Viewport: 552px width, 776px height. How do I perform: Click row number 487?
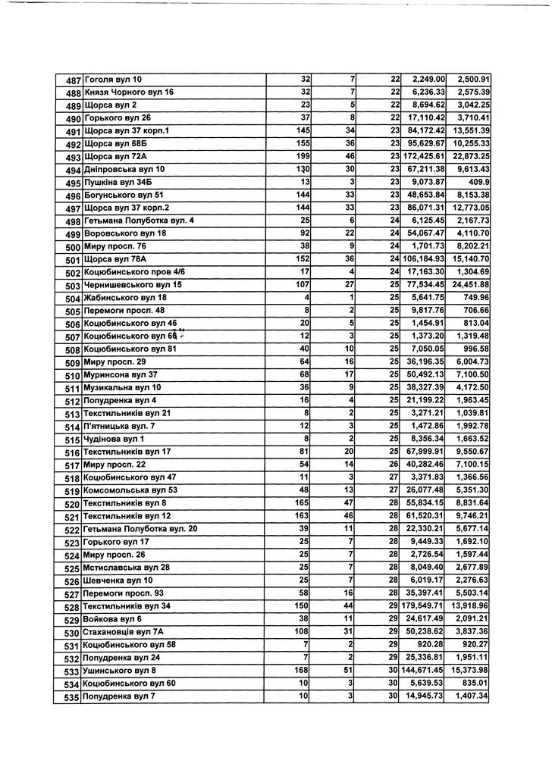74,80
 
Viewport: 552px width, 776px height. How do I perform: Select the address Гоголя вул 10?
114,80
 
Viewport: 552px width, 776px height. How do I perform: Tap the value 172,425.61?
424,156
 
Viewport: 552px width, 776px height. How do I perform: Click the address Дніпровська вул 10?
124,169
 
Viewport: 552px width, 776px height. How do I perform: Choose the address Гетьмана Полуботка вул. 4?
140,221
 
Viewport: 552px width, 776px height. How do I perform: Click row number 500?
74,247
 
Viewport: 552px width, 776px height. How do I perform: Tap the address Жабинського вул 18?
126,298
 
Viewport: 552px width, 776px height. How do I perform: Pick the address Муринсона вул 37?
121,374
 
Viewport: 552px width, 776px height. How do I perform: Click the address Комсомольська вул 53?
130,490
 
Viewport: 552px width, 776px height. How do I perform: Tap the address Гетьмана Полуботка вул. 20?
141,529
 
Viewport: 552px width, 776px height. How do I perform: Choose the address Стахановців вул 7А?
125,632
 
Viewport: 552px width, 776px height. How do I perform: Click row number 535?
72,696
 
